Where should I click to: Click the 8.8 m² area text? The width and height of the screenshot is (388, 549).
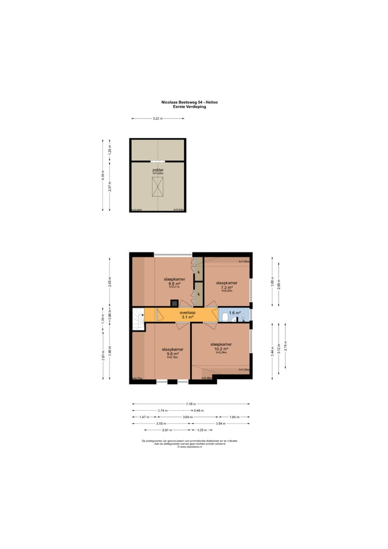(174, 284)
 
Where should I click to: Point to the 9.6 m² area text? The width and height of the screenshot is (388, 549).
(172, 353)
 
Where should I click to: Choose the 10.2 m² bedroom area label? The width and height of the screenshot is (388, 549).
(221, 348)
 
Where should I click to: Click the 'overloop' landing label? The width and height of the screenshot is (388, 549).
(188, 312)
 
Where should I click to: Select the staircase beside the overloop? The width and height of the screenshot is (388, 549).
(138, 318)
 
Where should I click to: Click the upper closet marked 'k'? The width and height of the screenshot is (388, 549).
(198, 272)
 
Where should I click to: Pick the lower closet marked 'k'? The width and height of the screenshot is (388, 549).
(198, 294)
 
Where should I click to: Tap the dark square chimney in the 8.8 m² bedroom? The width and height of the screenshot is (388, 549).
(174, 303)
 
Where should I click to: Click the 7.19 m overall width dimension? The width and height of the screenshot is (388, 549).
(191, 403)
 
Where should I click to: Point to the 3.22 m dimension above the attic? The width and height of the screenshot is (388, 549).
(157, 119)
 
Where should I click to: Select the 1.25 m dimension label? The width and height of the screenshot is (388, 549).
(202, 430)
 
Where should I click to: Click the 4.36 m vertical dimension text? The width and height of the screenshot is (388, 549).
(102, 175)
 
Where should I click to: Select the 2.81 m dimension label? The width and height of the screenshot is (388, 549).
(167, 430)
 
